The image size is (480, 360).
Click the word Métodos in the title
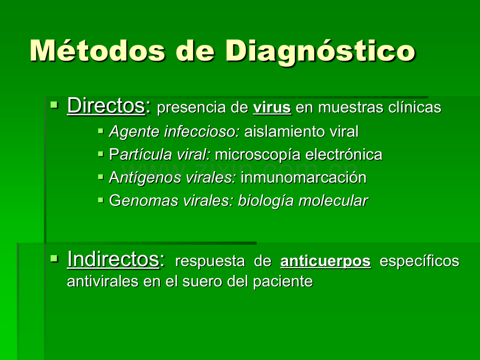98,50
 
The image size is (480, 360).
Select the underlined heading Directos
106,105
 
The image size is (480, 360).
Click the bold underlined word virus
272,107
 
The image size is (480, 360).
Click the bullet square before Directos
54,105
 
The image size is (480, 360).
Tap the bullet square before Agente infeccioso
101,131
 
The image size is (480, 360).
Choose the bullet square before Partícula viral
101,154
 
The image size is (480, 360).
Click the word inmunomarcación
303,178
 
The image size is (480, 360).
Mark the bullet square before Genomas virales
101,200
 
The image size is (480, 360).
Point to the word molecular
333,201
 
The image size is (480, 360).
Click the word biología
266,201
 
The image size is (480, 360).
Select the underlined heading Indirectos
113,259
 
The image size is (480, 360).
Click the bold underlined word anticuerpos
326,261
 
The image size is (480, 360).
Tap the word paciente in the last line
283,282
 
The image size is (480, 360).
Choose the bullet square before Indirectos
54,259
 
